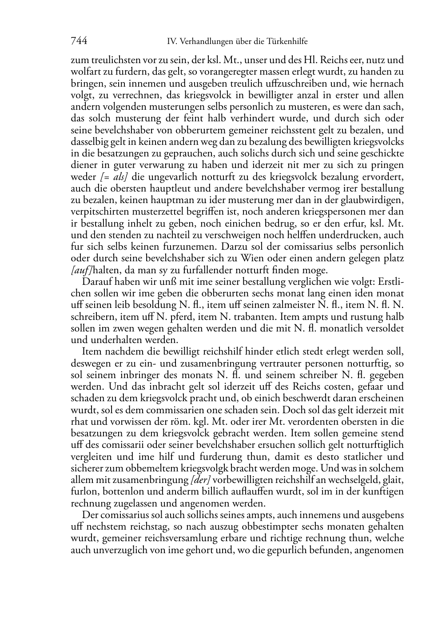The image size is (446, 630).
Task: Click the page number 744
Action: click(79, 41)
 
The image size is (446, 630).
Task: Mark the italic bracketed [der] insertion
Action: click(200, 480)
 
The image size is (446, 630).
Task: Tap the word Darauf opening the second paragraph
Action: click(97, 282)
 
